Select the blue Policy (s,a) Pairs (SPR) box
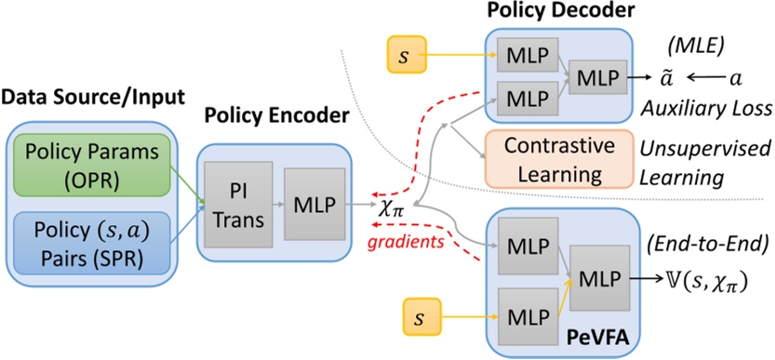(x=83, y=244)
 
